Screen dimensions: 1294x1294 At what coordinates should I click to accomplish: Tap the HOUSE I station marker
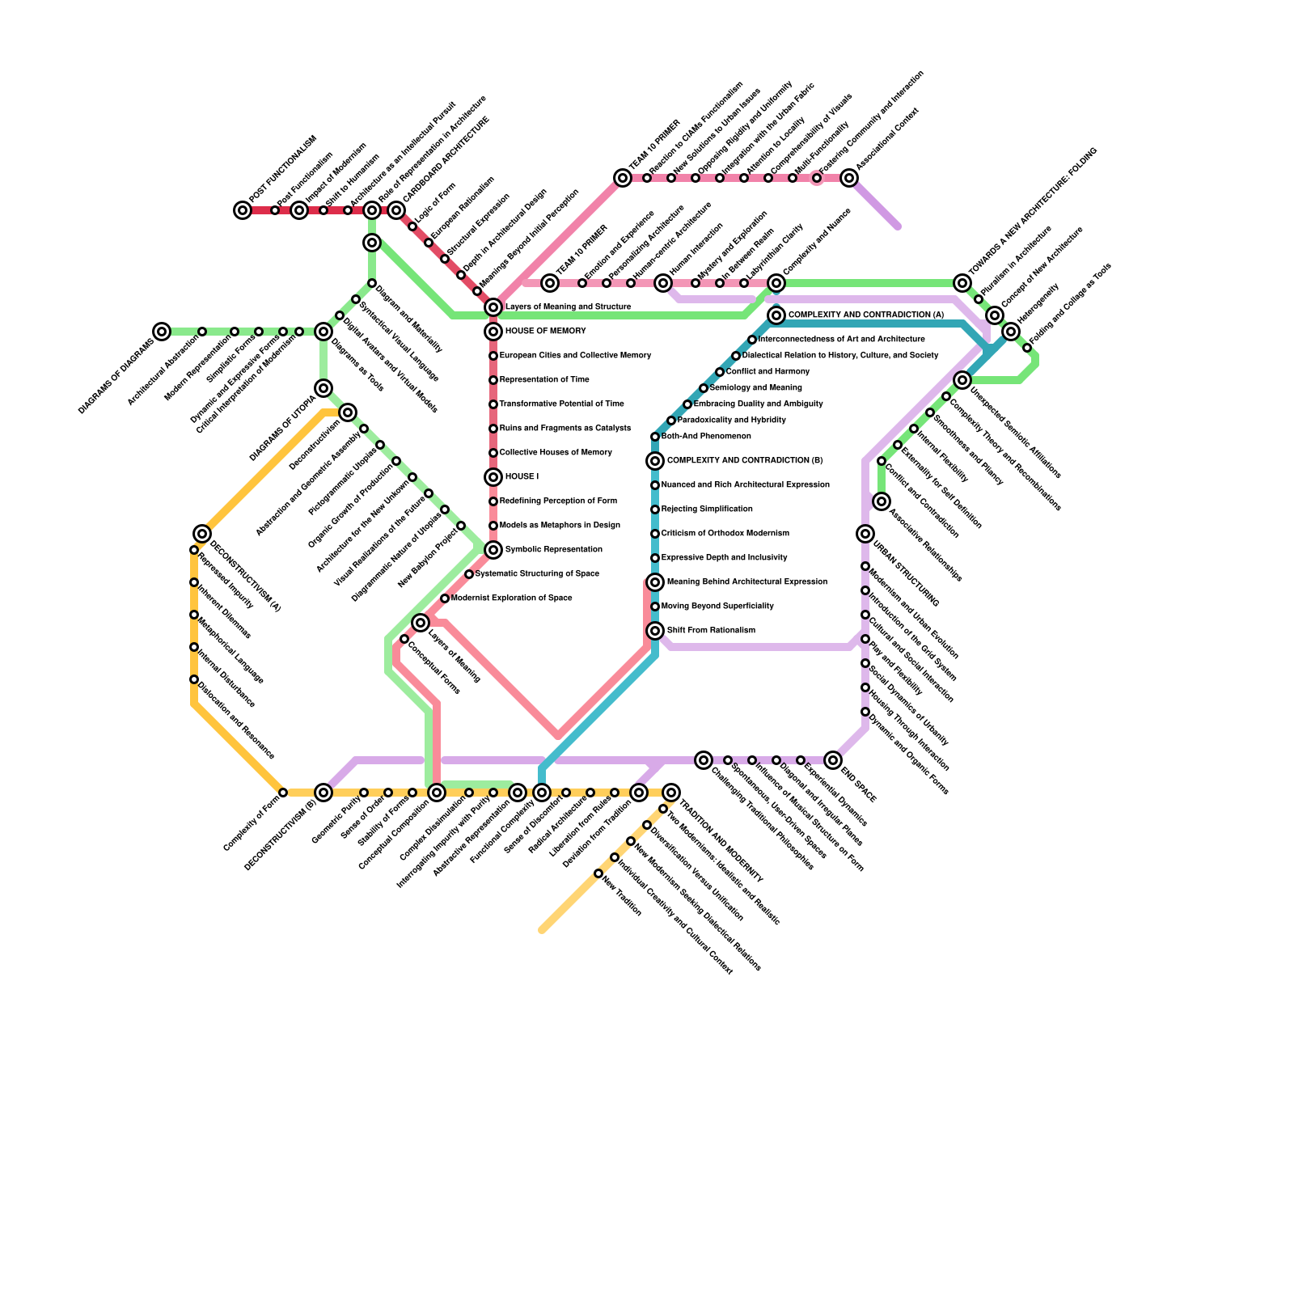(x=493, y=477)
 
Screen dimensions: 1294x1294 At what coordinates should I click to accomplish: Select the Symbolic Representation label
(x=553, y=550)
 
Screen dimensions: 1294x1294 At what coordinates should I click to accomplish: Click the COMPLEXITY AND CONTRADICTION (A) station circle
(x=776, y=315)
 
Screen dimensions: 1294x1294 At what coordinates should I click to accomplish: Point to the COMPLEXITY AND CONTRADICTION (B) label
(x=744, y=461)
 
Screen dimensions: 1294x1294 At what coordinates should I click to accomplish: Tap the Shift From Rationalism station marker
(x=655, y=631)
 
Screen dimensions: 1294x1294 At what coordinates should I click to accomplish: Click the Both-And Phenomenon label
(x=705, y=437)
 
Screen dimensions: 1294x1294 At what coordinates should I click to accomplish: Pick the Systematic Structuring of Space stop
(x=469, y=574)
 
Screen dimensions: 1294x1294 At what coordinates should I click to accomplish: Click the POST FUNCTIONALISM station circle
(x=243, y=210)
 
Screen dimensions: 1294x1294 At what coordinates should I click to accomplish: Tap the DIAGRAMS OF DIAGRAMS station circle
(x=162, y=332)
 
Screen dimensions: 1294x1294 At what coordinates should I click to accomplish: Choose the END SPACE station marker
(x=833, y=760)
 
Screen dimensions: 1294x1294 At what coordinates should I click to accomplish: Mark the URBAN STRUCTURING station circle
(x=865, y=534)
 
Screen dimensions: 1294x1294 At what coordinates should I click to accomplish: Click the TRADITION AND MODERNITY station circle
(x=671, y=793)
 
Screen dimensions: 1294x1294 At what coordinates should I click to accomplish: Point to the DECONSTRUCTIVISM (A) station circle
(x=202, y=534)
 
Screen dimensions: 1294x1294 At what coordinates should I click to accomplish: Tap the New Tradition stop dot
(x=598, y=873)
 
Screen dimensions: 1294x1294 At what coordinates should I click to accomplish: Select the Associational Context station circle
(x=849, y=178)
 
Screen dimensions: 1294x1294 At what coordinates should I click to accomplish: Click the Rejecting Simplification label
(x=706, y=510)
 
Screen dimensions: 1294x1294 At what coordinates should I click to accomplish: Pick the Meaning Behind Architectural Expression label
(x=746, y=582)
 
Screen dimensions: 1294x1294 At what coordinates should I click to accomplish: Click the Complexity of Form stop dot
(x=283, y=793)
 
